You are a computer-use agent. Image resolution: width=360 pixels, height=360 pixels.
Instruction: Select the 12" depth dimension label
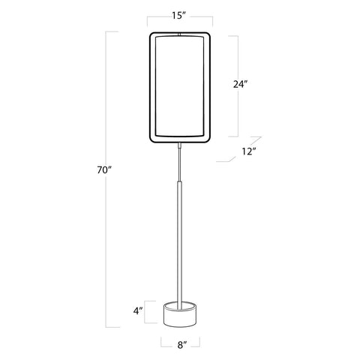249,151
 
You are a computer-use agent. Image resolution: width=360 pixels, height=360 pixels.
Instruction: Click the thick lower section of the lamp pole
180,240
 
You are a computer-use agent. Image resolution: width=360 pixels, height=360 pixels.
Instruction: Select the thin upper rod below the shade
180,161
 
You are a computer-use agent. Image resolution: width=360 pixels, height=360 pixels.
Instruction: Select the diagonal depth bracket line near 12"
238,149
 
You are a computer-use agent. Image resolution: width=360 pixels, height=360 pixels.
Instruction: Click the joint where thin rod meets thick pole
180,180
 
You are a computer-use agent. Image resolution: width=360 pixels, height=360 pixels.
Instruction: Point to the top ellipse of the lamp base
180,304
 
